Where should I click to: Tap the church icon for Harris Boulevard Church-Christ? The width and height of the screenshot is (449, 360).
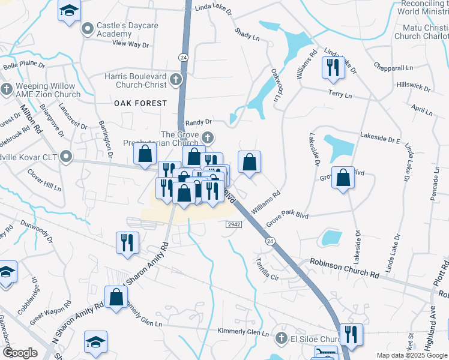tap(176, 79)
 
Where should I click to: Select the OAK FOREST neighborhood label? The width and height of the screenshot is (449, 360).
tap(140, 103)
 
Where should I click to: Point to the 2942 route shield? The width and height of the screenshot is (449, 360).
tap(234, 224)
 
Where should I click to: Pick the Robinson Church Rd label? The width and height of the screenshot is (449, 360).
tap(345, 268)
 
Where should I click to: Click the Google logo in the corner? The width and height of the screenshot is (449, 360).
tap(19, 353)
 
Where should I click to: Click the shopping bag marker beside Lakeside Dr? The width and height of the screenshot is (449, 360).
tap(342, 178)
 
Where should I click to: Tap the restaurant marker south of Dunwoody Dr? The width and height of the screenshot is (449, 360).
tap(127, 242)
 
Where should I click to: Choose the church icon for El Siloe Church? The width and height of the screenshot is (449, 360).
tap(280, 338)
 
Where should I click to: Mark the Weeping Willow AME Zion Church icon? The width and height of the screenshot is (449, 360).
tap(7, 90)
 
